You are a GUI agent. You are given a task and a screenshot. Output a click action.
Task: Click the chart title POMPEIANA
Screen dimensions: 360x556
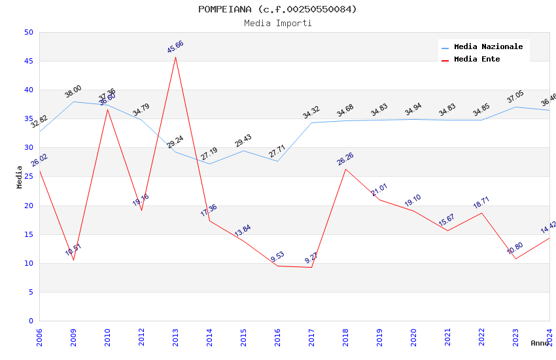pos(277,9)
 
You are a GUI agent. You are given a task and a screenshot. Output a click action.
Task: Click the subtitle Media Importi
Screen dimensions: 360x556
pos(277,23)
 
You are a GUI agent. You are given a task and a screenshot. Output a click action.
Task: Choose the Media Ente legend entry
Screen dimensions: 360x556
pos(477,59)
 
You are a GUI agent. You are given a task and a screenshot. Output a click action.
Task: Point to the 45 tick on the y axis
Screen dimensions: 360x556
pos(28,62)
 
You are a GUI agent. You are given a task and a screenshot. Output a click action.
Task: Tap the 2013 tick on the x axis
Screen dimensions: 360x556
pos(175,334)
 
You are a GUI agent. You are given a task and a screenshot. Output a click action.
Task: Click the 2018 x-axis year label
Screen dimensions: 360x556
pos(345,334)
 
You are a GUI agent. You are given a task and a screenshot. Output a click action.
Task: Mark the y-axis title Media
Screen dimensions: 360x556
pos(20,177)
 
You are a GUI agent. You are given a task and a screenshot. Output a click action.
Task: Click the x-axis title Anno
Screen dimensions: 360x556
pos(540,343)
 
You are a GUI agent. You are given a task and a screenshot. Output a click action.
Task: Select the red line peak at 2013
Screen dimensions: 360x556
pos(175,57)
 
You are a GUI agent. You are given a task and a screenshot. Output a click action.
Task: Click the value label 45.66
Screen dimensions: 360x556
pos(175,46)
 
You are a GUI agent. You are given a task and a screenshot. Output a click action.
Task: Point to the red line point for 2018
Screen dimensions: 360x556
pos(345,169)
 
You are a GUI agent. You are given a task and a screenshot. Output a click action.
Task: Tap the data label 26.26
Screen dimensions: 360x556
pos(345,158)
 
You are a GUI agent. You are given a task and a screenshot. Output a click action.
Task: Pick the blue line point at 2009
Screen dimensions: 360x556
pos(73,101)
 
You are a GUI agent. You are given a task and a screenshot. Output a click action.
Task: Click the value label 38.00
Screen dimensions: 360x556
pos(73,91)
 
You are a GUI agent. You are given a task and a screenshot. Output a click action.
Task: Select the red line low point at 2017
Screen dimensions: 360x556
pos(311,267)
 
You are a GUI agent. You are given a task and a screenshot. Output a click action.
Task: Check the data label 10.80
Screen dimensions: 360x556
pos(515,248)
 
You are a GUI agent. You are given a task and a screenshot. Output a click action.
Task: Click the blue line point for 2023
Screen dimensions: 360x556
pos(515,107)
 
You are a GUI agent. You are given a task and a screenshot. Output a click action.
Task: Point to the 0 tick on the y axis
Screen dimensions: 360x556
pos(30,321)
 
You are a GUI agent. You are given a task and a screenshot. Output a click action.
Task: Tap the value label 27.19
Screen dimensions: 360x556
pos(209,153)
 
